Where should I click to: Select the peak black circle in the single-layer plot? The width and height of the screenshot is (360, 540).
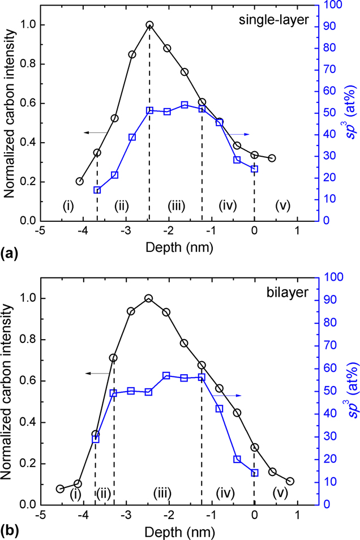[149, 25]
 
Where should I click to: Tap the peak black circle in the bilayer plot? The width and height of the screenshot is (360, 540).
[149, 298]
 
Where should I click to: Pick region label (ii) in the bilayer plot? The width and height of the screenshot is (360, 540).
[102, 478]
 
